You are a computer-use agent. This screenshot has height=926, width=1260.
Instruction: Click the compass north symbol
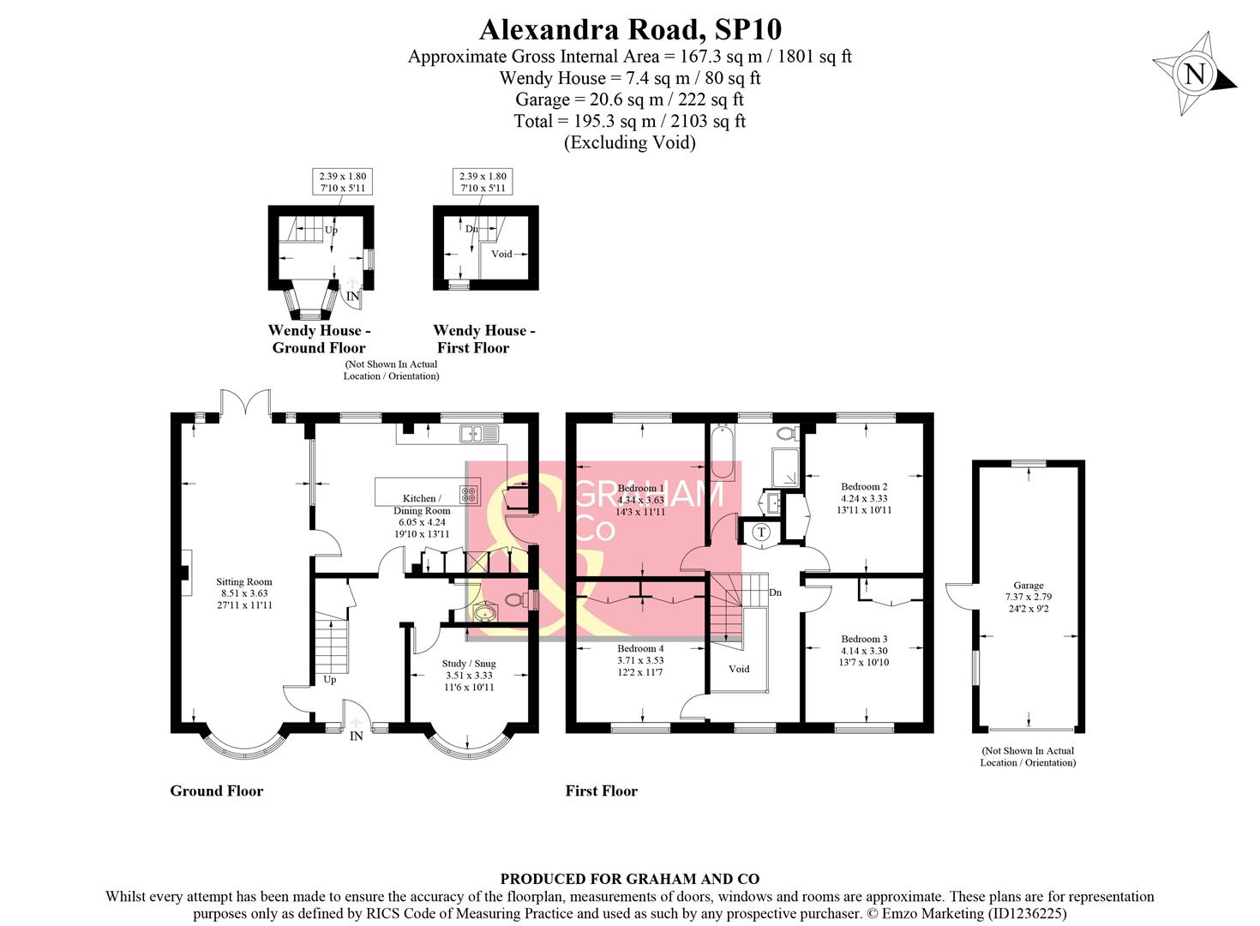point(1194,74)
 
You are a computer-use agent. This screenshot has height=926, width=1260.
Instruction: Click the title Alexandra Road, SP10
point(630,29)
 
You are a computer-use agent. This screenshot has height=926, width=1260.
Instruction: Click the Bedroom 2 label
point(864,498)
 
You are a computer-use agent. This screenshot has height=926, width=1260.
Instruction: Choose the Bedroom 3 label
point(864,650)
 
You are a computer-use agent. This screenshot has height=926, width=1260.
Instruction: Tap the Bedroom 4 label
point(640,660)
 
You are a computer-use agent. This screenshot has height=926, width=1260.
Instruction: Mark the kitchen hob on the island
point(470,494)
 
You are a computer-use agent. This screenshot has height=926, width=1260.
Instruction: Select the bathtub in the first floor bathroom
point(721,453)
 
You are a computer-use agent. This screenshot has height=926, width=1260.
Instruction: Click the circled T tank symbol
point(761,533)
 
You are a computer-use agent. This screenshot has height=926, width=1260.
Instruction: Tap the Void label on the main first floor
point(739,669)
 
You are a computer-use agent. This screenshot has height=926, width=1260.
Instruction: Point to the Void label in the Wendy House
point(501,254)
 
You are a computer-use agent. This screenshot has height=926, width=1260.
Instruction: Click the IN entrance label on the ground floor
point(357,736)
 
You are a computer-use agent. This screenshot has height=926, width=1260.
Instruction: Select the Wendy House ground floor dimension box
point(342,182)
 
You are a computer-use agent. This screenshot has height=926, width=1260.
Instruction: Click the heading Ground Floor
point(216,791)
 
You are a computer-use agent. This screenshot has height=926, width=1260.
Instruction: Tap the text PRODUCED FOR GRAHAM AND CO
point(629,879)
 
